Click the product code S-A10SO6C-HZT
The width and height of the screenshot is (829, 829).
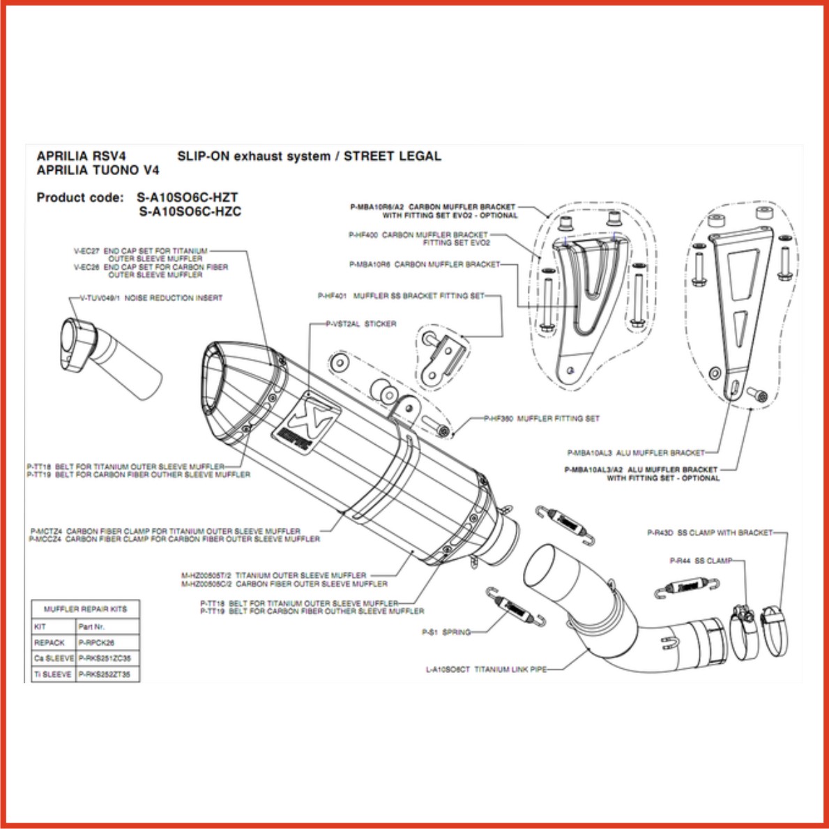(188, 197)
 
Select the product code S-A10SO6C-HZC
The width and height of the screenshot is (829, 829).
(190, 211)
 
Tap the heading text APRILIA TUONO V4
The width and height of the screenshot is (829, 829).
(98, 170)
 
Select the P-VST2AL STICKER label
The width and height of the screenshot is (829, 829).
(360, 324)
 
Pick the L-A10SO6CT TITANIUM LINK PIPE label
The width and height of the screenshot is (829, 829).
(486, 669)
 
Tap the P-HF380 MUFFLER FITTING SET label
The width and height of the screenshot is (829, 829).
(542, 419)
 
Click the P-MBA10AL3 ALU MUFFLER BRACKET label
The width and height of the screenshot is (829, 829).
(635, 452)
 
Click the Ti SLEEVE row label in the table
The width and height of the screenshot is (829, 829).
(53, 674)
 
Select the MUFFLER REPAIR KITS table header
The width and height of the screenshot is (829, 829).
(85, 609)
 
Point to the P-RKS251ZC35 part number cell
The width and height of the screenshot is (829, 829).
(105, 658)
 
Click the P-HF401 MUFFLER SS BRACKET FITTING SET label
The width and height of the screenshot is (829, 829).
(401, 296)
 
